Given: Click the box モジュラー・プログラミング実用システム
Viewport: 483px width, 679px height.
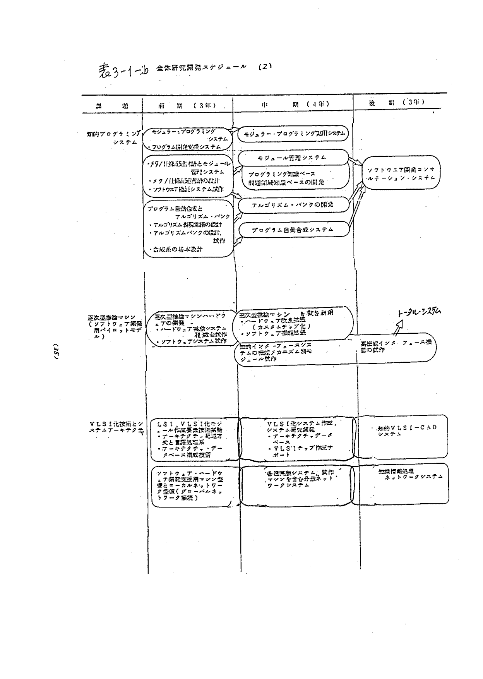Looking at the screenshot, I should pos(294,134).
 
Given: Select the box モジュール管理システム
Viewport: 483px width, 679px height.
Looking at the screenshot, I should pos(291,158).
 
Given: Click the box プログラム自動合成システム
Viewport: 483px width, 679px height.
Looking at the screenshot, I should pos(292,230).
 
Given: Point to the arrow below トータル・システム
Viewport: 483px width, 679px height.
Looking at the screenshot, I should pos(398,329).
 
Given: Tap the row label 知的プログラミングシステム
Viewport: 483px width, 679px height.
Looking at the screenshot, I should pos(114,138).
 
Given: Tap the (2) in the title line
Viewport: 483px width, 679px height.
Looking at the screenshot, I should pos(263,66).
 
